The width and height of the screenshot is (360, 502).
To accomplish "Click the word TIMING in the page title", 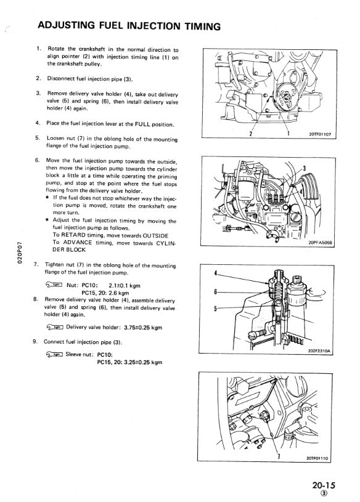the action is pos(202,26).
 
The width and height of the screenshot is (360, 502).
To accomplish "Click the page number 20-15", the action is pos(324,485).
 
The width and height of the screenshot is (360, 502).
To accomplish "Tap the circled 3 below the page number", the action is pos(325,493).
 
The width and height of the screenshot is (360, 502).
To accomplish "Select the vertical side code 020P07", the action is pos(20,252).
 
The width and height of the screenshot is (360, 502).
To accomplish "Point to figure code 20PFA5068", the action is pos(321,243).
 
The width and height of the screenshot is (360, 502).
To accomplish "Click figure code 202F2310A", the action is pos(319,351).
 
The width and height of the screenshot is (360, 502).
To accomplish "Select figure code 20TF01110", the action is pos(317,458).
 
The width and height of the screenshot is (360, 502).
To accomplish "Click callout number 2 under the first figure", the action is pos(251,134).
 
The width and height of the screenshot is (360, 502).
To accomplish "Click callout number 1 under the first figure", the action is pos(288,133).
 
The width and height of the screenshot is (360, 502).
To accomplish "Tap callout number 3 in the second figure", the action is pos(305,168).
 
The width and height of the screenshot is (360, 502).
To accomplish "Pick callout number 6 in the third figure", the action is pos(216,292).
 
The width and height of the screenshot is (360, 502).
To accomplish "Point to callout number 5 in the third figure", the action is pos(216,309).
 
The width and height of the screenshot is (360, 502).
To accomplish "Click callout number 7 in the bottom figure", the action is pos(279,456).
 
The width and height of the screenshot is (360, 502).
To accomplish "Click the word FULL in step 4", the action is pos(142,124).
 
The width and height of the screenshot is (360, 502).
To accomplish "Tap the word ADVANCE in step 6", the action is pos(78,242).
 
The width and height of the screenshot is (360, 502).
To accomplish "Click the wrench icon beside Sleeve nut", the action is pos(54,354).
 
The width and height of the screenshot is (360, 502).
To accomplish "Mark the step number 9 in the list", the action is pos(35,341).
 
